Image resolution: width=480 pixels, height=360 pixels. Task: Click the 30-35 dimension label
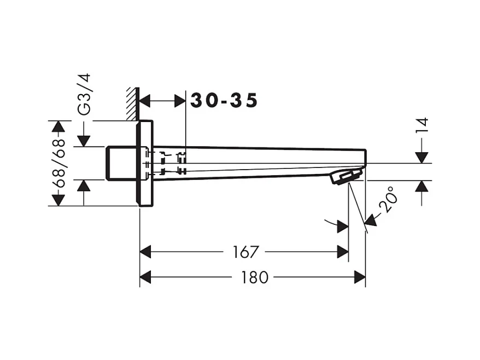(224, 101)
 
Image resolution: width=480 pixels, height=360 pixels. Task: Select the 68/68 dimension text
(58, 164)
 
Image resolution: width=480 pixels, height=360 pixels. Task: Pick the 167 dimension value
(244, 252)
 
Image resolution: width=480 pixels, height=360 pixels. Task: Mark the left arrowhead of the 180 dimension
(146, 277)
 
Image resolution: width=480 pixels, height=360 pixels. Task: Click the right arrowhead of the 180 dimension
(360, 277)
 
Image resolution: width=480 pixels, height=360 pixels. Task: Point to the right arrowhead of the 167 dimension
(343, 252)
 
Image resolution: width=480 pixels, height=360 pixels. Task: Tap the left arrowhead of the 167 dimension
(146, 252)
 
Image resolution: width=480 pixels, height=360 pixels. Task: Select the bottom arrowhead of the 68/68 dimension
(57, 199)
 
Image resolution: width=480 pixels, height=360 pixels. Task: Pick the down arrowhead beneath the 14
(422, 157)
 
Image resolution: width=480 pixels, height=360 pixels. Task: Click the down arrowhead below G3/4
(84, 141)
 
